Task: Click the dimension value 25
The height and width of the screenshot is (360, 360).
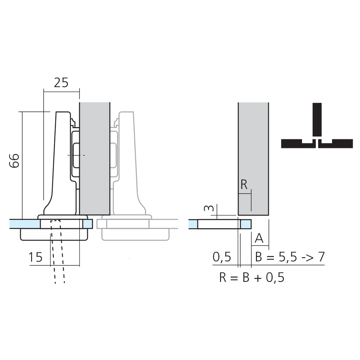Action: click(x=61, y=83)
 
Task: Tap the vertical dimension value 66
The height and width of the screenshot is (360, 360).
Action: click(x=14, y=161)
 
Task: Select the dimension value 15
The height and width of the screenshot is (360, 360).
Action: click(x=36, y=257)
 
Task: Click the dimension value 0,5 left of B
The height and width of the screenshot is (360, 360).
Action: click(x=221, y=257)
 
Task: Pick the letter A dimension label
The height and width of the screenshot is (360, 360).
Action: click(x=259, y=238)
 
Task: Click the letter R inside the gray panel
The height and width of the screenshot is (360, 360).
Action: click(x=244, y=185)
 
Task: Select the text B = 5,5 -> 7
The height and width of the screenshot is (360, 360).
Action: click(x=290, y=257)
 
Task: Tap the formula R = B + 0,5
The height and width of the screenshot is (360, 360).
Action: click(x=252, y=278)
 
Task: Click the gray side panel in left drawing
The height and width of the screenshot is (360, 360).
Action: click(x=94, y=158)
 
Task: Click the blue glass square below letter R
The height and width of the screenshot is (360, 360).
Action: click(x=246, y=224)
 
